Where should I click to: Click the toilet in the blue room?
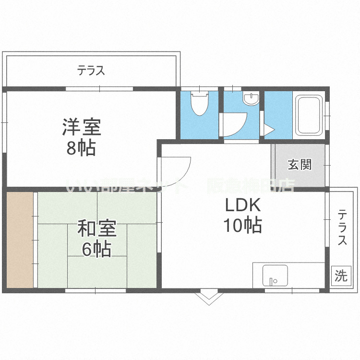[198, 103]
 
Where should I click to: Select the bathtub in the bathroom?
[309, 116]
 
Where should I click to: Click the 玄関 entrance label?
[300, 165]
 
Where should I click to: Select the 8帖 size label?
[81, 149]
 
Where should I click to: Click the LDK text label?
[243, 205]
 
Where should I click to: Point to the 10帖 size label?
[243, 225]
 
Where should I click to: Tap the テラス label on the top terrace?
[91, 71]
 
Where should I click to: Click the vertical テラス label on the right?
[342, 228]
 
